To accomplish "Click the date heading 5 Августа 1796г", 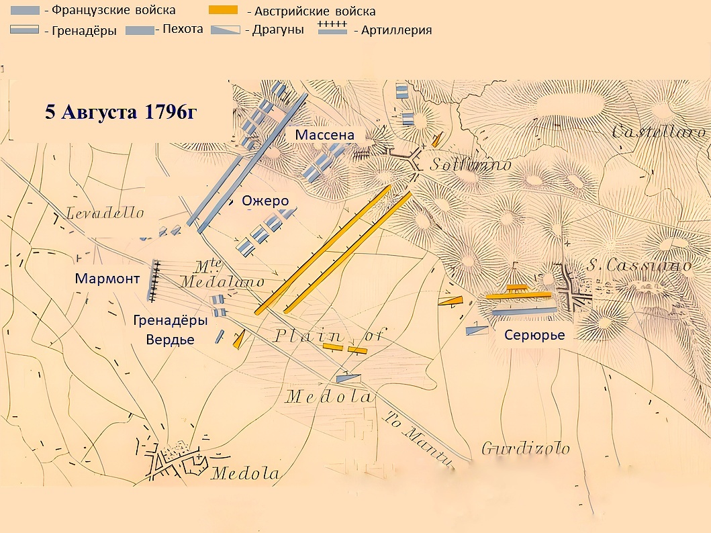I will (x=121, y=112).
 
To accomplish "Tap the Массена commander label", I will (x=324, y=136).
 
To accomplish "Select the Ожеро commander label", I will (x=265, y=201).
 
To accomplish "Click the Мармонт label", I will (x=107, y=279).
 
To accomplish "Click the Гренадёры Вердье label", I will (x=171, y=330).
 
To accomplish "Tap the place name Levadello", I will (x=105, y=213).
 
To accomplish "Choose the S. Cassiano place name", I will (x=639, y=266).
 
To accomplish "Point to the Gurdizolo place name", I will (x=526, y=448).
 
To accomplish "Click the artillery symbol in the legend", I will (x=332, y=28).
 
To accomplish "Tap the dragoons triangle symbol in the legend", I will (x=226, y=30).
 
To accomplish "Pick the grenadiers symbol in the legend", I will (x=25, y=30).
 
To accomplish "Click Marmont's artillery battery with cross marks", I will (x=154, y=281).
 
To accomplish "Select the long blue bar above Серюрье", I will (x=524, y=311).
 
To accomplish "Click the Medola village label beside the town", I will (x=246, y=473).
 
